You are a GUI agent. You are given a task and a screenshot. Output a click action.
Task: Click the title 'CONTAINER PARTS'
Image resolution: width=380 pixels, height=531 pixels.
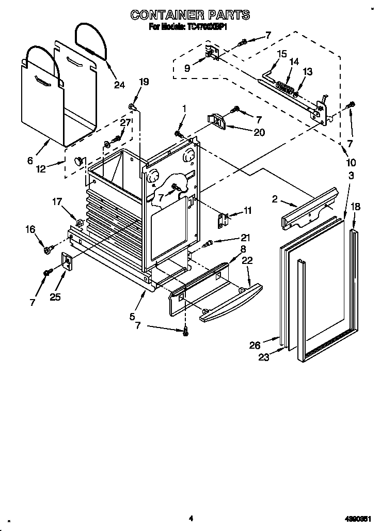(190, 15)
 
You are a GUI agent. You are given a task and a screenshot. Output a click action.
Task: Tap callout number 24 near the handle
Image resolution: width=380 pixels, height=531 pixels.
(119, 85)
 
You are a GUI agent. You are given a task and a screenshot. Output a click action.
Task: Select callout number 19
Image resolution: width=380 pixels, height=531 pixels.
(144, 82)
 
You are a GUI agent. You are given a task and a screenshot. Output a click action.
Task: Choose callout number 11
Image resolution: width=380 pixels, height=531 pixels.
(248, 210)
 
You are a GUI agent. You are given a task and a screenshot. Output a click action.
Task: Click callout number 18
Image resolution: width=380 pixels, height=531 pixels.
(356, 207)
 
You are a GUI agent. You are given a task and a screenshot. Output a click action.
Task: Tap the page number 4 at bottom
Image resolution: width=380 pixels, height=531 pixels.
(191, 518)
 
